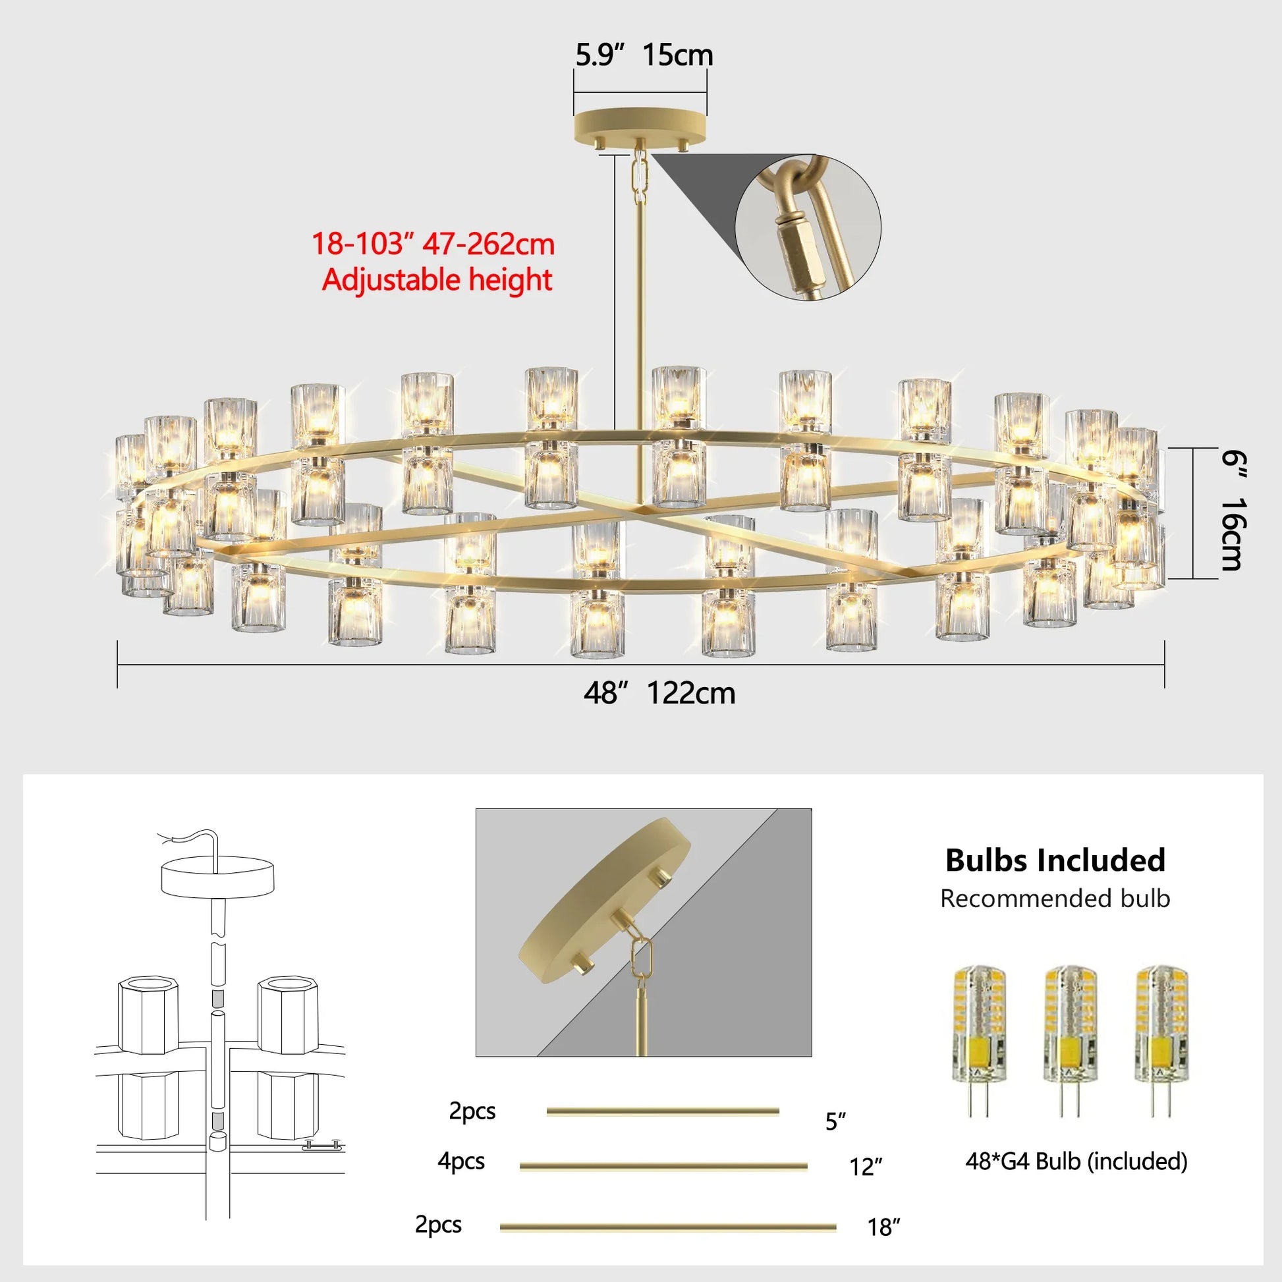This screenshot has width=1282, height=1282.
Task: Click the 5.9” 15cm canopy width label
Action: [644, 55]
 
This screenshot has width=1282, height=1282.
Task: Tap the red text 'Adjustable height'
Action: [437, 280]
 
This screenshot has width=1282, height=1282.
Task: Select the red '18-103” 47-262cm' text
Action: [433, 244]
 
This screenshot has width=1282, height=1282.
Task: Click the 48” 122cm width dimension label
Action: [659, 694]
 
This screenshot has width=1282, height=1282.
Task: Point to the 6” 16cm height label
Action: [1233, 511]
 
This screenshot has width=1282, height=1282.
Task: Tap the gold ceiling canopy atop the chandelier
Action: [640, 125]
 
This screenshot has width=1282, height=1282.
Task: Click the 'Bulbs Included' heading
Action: [1055, 860]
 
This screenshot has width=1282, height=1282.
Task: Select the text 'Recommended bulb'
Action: [1055, 899]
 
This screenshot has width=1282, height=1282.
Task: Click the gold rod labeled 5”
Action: [662, 1111]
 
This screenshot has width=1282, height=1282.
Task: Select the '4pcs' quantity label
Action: [460, 1161]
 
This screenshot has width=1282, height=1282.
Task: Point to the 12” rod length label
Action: [866, 1167]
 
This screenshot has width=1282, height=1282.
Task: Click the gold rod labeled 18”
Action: [667, 1227]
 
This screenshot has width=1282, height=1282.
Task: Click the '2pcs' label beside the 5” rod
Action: [472, 1111]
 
